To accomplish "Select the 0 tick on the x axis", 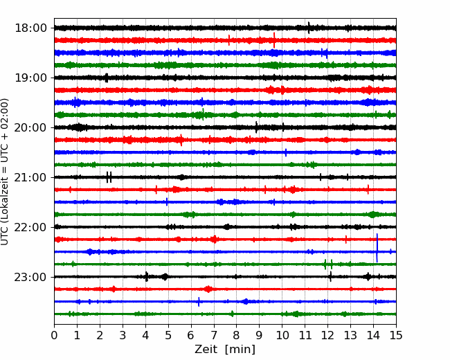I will (x=55, y=336).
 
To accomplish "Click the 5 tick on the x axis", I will (x=168, y=336).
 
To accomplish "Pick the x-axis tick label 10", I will (x=282, y=336).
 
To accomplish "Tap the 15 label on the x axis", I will (x=396, y=336).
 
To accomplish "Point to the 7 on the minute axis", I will (x=214, y=336).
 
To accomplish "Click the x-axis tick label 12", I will (x=327, y=336).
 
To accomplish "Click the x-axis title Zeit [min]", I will (x=224, y=350).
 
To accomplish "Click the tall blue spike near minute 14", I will (x=377, y=248).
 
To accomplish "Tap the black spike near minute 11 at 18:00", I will (x=309, y=28).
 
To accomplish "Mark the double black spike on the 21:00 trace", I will (x=109, y=177).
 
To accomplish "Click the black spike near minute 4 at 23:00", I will (x=146, y=277).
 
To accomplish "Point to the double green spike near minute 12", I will (x=327, y=264).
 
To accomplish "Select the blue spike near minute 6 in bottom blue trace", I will (x=199, y=302).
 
